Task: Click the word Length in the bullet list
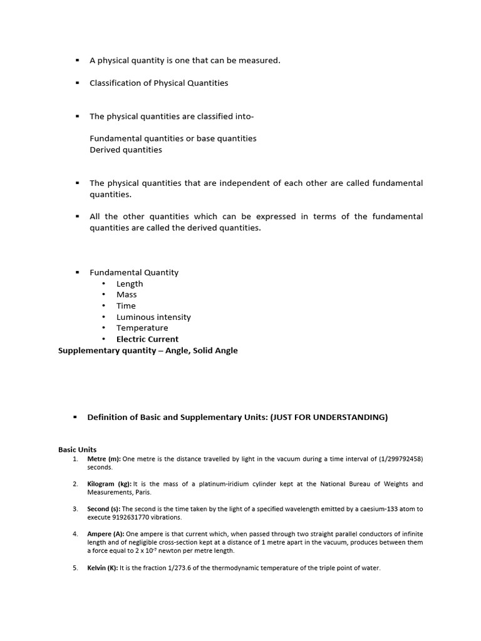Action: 130,284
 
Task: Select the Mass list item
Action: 127,295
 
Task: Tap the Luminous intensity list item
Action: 153,317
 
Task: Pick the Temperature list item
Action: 142,328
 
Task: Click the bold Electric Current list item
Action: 147,339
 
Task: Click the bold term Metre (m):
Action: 104,459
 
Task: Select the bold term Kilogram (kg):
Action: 110,484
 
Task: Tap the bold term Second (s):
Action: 104,509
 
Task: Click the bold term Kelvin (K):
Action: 103,568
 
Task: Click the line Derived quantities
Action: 126,150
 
